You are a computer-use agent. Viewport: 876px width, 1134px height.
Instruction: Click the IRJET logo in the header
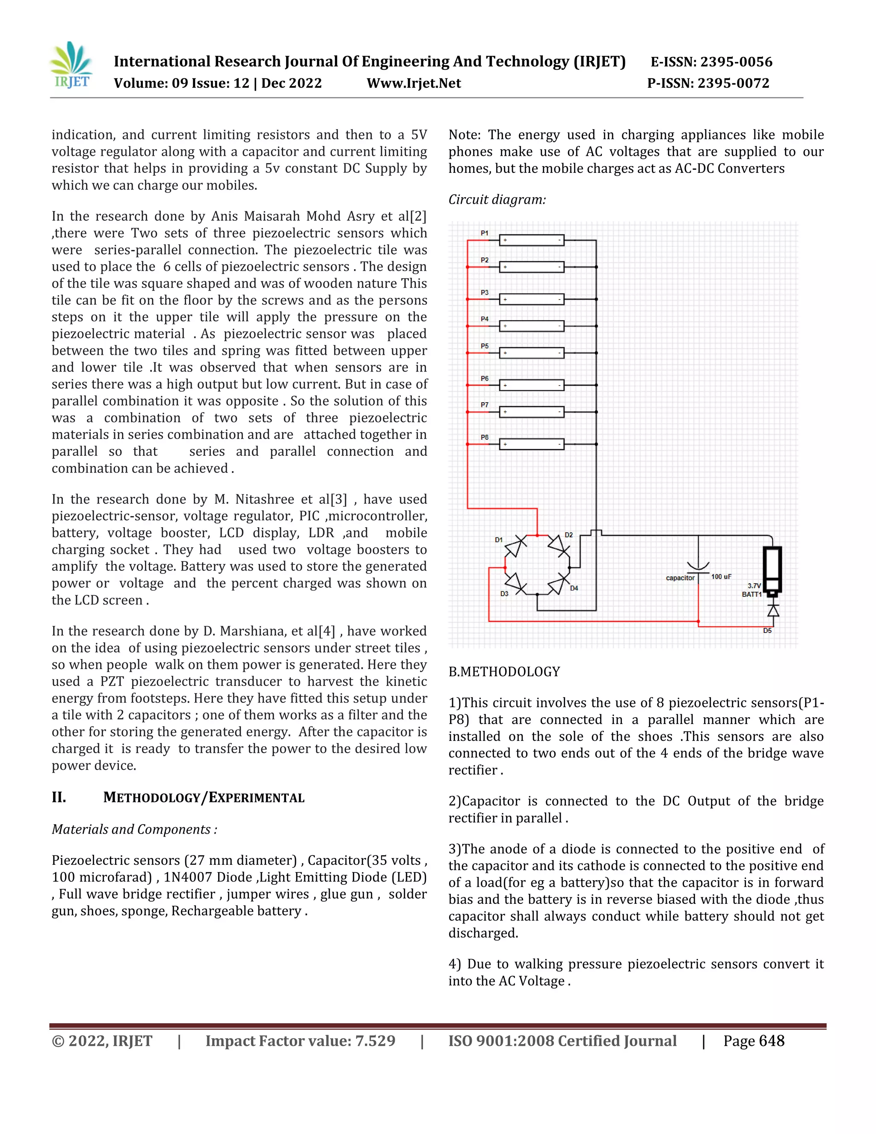[x=71, y=65]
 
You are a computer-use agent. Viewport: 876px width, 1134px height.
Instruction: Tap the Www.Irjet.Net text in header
[x=414, y=83]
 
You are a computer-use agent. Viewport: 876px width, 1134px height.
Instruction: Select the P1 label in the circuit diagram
[x=484, y=233]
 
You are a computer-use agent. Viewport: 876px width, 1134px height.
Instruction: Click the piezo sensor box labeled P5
[x=531, y=353]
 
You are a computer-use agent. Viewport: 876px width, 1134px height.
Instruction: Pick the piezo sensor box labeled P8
[x=531, y=445]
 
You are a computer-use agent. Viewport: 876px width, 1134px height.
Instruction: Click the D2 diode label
[x=569, y=535]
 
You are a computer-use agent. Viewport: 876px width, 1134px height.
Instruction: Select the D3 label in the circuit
[x=504, y=594]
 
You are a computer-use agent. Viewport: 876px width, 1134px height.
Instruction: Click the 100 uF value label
[x=721, y=577]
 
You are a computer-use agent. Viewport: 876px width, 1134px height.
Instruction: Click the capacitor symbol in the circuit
[x=698, y=568]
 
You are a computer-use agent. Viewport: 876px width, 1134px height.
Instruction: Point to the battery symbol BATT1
[x=772, y=570]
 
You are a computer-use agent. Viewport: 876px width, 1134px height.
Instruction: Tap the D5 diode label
[x=767, y=631]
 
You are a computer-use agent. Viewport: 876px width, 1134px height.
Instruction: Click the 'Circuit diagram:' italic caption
[x=497, y=200]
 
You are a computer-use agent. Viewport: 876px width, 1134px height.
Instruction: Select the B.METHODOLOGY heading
[x=504, y=672]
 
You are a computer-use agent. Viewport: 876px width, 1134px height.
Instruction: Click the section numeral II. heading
[x=59, y=797]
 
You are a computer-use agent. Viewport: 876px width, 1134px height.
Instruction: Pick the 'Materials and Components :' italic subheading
[x=134, y=829]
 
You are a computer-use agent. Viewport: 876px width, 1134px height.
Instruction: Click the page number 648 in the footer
[x=771, y=1041]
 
